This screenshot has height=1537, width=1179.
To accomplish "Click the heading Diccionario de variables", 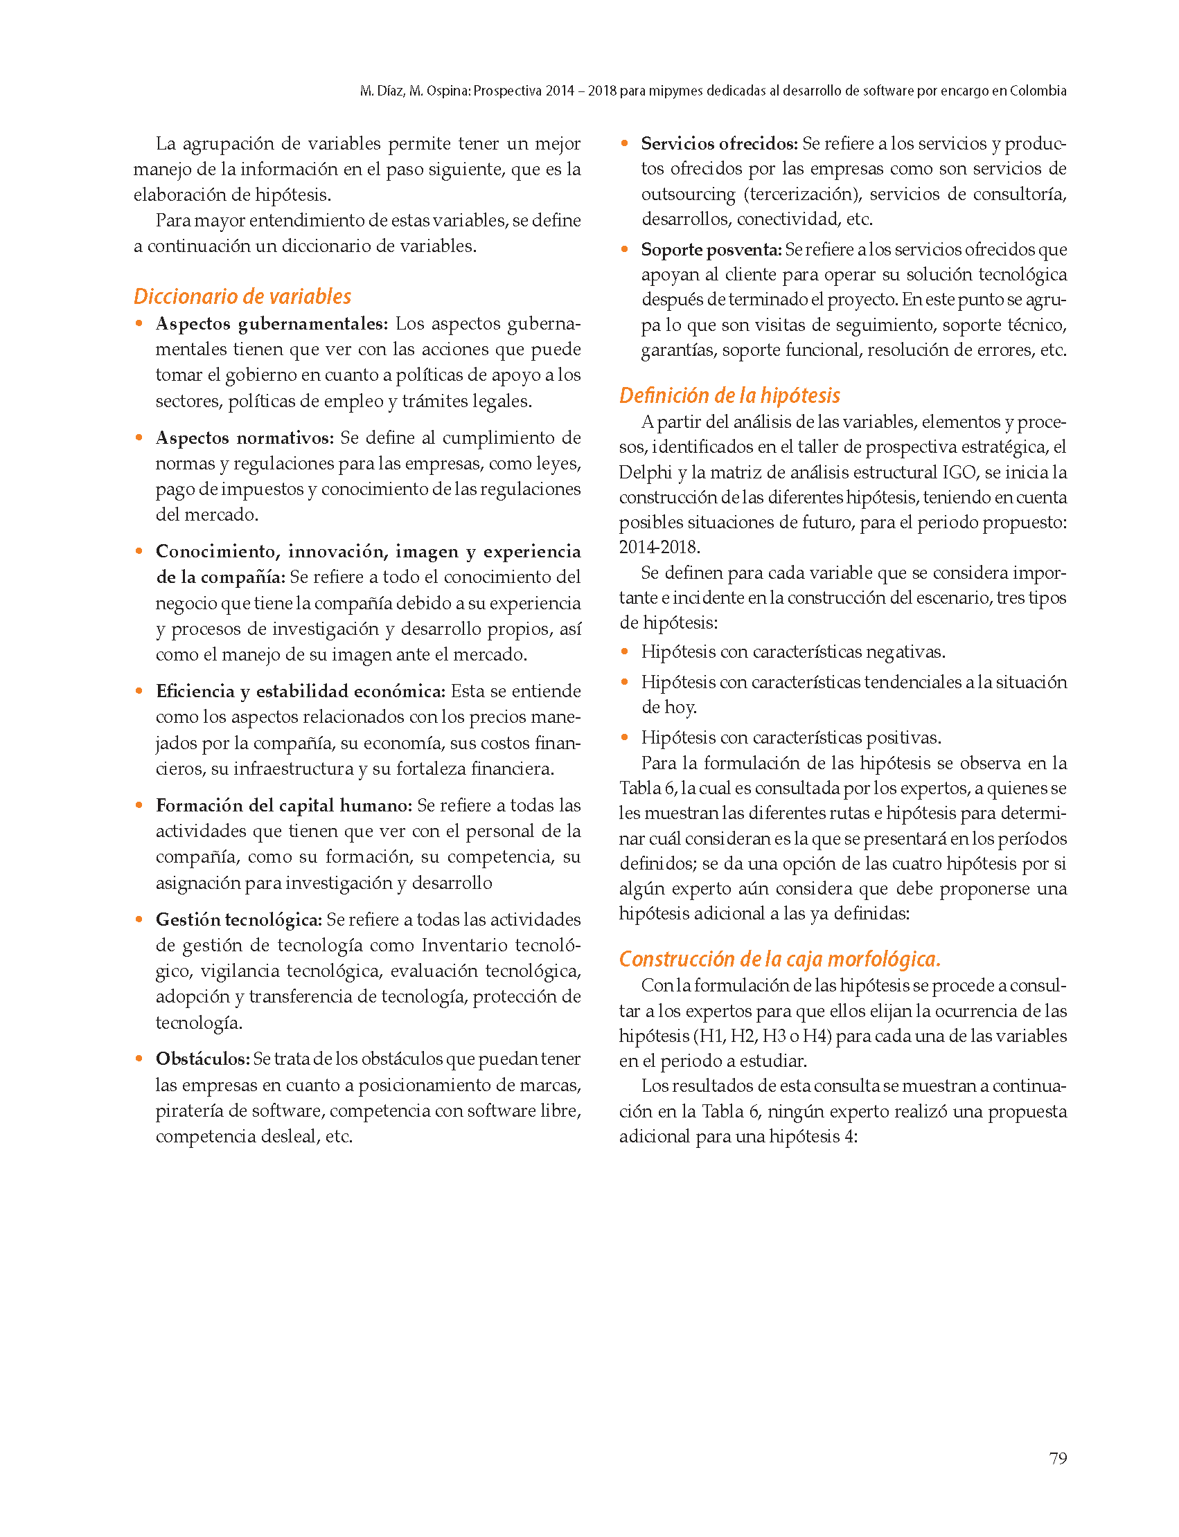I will pos(242,296).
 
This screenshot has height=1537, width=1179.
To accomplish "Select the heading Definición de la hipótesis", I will pos(729,395).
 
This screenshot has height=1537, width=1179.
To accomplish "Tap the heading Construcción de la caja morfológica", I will pos(779,959).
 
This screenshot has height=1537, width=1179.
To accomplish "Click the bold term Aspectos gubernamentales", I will pos(272,324).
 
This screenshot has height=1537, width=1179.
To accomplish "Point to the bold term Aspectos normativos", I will pos(245,438).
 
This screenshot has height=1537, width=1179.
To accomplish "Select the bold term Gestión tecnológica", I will pos(238,919).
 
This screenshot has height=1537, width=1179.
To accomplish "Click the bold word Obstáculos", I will pos(203,1059).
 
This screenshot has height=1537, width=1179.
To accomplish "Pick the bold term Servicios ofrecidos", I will pos(719,144).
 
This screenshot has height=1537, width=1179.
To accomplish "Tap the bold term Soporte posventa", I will pos(711,250).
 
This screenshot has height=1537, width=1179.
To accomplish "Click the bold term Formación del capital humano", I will pos(283,805).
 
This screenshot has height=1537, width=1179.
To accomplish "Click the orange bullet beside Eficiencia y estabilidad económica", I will pos(139,691).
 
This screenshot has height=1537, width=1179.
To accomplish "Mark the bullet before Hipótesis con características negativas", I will pos(624,651).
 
